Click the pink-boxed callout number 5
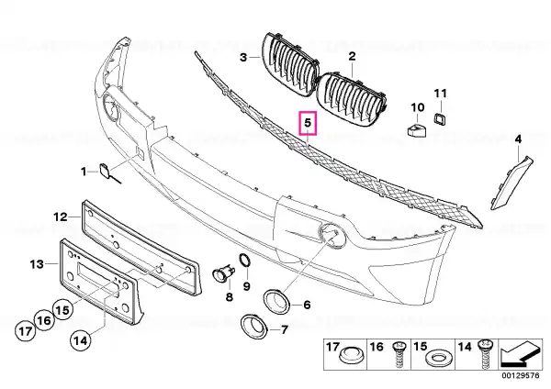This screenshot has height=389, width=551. click(308, 123)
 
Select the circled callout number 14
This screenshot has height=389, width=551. click(81, 340)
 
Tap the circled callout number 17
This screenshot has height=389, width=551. click(26, 330)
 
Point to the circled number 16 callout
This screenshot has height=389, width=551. click(44, 320)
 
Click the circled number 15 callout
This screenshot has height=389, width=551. click(62, 310)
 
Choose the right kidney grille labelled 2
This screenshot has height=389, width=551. click(352, 100)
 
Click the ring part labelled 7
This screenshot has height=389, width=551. click(253, 326)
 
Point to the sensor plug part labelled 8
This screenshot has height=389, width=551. click(224, 273)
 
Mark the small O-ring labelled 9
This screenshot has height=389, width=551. click(245, 261)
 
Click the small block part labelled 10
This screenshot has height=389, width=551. click(417, 128)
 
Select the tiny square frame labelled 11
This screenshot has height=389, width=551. click(440, 118)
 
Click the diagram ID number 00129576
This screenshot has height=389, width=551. click(520, 375)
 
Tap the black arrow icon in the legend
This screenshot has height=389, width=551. click(520, 354)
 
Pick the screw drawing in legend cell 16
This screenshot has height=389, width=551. click(399, 354)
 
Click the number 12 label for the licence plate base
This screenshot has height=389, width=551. click(60, 217)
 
